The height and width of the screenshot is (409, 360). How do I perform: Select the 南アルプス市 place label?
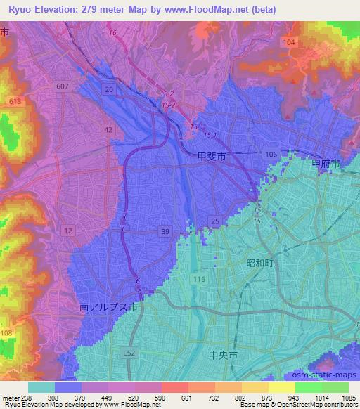[108, 307]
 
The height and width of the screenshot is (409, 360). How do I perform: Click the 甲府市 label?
[326, 163]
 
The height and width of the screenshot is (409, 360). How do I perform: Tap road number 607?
[63, 86]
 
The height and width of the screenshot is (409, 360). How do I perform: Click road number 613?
[14, 101]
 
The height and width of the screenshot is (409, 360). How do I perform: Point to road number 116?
[198, 279]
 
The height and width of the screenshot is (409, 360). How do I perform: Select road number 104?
[288, 42]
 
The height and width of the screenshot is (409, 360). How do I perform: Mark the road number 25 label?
[215, 222]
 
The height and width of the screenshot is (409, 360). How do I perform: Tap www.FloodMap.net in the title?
[210, 9]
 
